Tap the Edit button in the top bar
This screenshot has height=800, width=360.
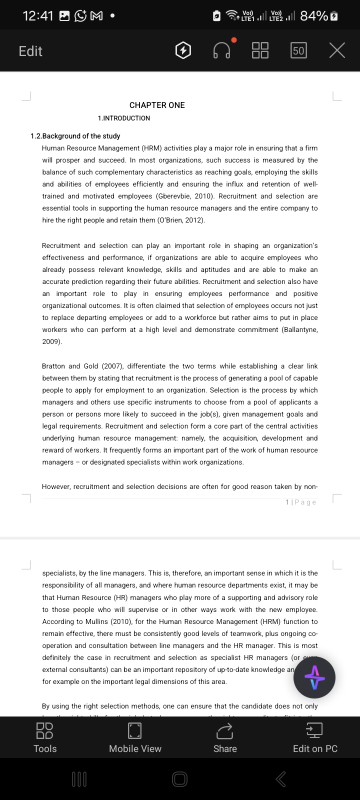point(30,51)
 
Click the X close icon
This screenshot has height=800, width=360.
point(337,50)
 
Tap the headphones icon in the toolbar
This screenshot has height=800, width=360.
point(222,50)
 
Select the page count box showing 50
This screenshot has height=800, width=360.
point(298,50)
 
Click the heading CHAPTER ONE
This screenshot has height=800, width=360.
point(157,105)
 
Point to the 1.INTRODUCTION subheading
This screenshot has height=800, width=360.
point(124,118)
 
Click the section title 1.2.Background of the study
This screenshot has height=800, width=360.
point(75,136)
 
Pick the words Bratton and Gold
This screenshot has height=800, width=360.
point(70,366)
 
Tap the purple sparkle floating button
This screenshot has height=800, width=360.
point(314,678)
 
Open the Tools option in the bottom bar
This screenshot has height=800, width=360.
point(45,738)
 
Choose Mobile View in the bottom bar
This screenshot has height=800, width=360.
point(135,738)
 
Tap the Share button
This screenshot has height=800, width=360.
point(225,738)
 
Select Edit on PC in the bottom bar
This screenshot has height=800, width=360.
point(315,738)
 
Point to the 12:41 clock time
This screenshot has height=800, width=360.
point(38,16)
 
